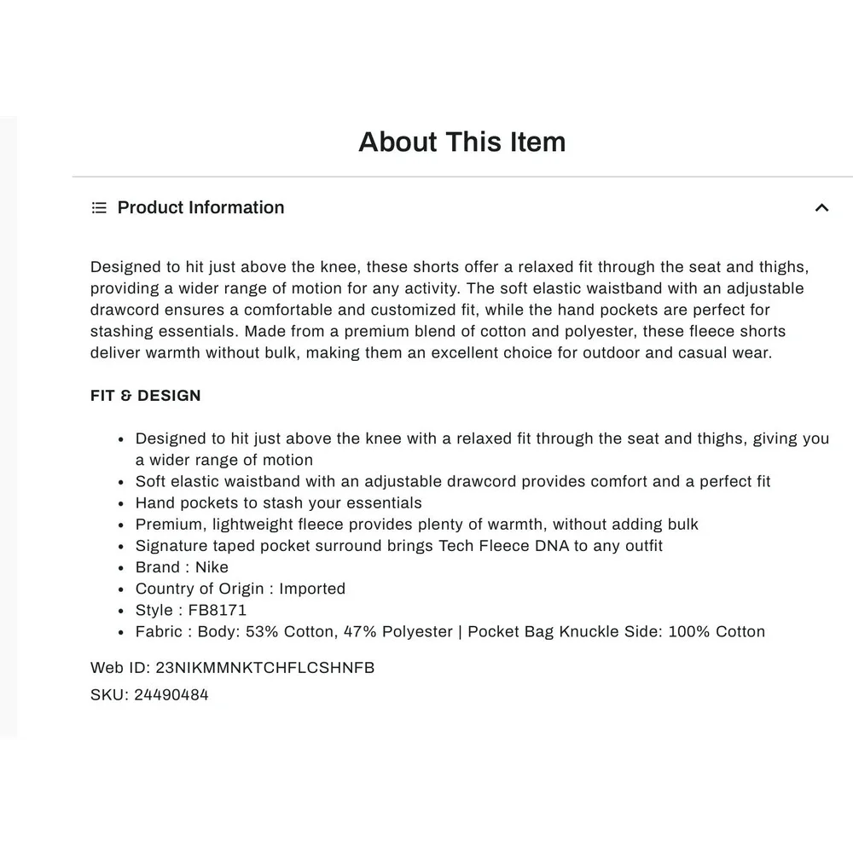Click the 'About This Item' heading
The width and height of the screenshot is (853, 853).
point(461,142)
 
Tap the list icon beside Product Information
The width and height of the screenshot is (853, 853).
point(99,208)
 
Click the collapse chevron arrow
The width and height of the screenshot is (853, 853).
point(821,208)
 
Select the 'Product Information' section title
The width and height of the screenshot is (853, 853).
point(200,208)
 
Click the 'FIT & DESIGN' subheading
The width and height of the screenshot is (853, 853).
point(146,396)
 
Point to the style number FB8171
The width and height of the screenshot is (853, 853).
point(218,611)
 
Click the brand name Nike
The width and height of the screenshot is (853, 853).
point(212,568)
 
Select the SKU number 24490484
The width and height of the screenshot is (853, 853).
point(171,695)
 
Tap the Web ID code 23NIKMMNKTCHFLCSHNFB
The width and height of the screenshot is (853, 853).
point(265,668)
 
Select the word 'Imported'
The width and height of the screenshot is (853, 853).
point(312,589)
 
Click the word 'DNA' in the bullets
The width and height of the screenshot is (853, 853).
point(553,546)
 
